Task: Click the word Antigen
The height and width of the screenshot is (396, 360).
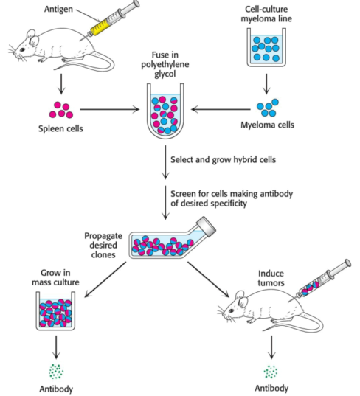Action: click(58, 10)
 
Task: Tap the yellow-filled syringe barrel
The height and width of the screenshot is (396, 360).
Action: click(101, 27)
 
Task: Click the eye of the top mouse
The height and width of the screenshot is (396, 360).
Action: click(22, 49)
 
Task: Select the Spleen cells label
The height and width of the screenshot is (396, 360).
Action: click(60, 128)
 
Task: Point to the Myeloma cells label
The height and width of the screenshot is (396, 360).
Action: click(267, 125)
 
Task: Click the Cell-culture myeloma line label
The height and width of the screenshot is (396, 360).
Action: click(266, 14)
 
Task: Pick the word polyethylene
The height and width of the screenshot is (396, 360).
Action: click(165, 64)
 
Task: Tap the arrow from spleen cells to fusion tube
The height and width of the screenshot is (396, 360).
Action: click(110, 109)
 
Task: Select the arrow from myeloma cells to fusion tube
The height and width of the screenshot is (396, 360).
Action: click(221, 109)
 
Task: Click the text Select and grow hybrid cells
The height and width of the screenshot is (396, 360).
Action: click(223, 160)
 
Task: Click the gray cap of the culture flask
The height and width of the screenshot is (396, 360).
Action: click(206, 226)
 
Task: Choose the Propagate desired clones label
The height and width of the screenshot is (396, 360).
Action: click(103, 245)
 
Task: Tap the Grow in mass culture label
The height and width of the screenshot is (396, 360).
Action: click(55, 277)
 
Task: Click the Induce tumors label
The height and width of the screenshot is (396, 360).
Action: click(271, 278)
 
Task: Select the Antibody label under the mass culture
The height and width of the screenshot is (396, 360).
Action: click(56, 389)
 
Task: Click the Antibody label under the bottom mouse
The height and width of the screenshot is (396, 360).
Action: click(271, 388)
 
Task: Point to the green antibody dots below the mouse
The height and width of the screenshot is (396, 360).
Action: click(271, 372)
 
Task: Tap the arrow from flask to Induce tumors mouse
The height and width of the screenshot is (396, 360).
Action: click(208, 279)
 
